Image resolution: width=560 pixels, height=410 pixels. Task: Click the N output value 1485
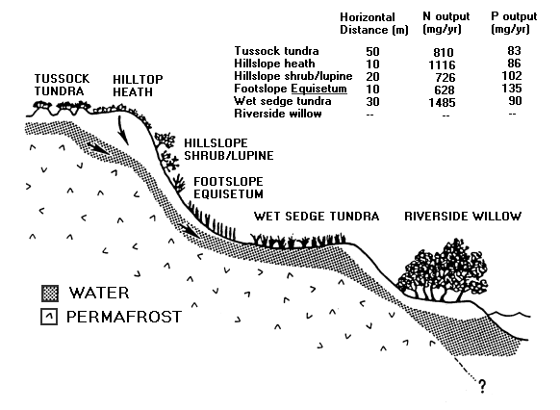point(442,103)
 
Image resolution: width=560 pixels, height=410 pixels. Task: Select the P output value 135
point(512,89)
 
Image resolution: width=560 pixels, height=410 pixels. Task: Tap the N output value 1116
point(442,65)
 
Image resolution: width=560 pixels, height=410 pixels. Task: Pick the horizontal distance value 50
point(372,52)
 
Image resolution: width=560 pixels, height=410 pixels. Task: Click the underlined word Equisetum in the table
point(318,89)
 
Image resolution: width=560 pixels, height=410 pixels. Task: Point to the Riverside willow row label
point(278,114)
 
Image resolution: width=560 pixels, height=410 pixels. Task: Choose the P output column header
point(514,22)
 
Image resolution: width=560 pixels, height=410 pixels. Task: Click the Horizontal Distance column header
point(374,23)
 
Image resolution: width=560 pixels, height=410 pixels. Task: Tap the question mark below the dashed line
point(482,386)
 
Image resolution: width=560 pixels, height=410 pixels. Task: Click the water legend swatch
point(50,294)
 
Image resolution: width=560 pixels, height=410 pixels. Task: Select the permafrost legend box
point(49,317)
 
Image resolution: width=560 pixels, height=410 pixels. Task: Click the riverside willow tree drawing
point(443,270)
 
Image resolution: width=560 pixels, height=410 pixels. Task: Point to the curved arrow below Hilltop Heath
point(122,131)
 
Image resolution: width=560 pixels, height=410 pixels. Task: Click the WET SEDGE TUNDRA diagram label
point(317,217)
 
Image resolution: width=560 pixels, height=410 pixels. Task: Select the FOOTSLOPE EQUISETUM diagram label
point(228,188)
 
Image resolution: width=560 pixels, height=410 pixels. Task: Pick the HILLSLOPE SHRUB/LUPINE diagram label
point(229,149)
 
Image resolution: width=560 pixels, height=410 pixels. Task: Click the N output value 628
point(445,90)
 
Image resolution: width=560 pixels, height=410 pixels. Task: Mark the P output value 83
point(514,51)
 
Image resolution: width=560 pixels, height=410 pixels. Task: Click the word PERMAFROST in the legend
point(124,317)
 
